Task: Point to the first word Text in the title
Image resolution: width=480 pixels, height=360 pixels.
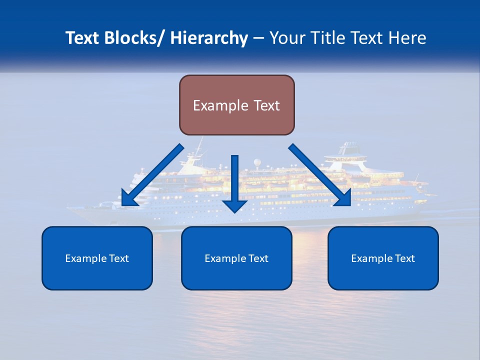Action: pos(83,38)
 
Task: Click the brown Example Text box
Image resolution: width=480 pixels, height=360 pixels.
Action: pos(236,105)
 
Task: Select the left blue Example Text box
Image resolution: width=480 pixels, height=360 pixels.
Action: pos(97,258)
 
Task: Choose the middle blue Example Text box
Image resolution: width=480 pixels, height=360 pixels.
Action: pos(236,258)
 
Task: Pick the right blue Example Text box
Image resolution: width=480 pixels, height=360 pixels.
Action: pos(383,258)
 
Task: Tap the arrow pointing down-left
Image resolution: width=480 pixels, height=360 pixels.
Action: pos(152,175)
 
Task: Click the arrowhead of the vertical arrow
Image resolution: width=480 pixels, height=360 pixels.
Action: pos(234,205)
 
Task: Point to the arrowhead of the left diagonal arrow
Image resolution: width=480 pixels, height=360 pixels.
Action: pos(128,198)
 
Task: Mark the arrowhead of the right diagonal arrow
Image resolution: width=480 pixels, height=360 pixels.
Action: pos(343,198)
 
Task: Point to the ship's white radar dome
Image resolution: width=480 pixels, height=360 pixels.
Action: pos(256,162)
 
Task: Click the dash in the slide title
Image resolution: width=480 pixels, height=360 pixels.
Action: pos(258,38)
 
